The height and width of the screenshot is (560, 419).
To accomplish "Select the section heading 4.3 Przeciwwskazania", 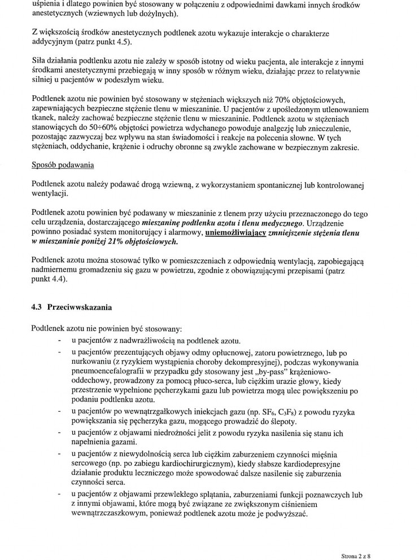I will [x=72, y=307].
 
